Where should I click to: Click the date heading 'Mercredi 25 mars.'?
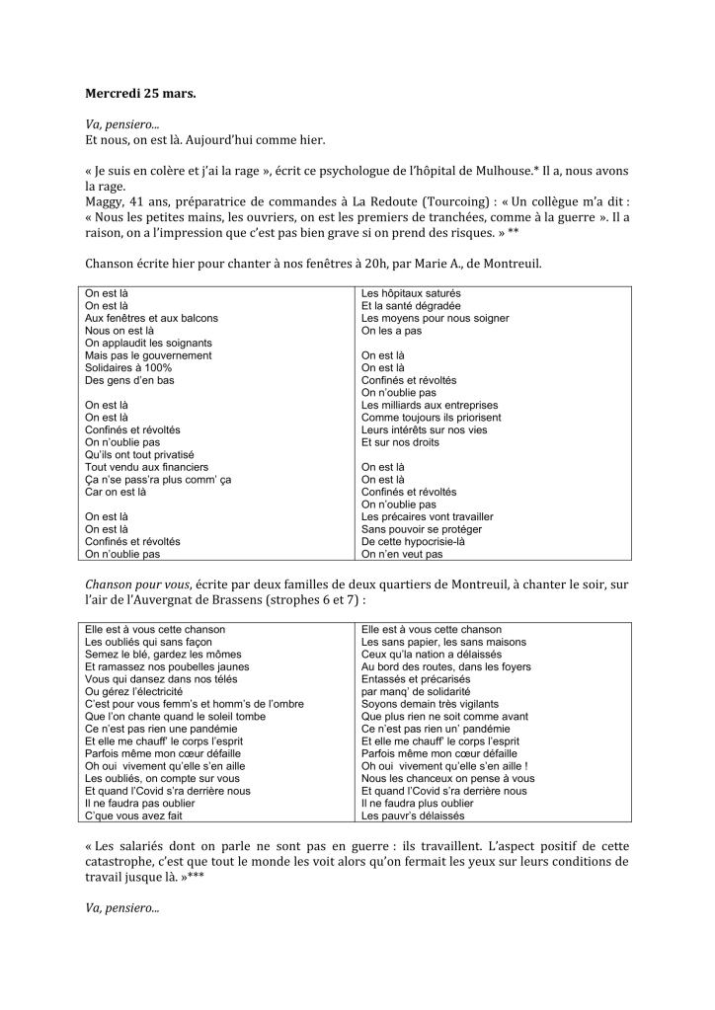pos(140,96)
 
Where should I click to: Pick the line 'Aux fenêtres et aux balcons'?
pos(151,318)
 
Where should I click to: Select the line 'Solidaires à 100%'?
pos(128,367)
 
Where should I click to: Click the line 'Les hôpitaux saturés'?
pos(411,293)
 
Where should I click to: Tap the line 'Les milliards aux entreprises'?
pos(430,405)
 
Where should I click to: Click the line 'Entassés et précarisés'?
pos(416,679)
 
